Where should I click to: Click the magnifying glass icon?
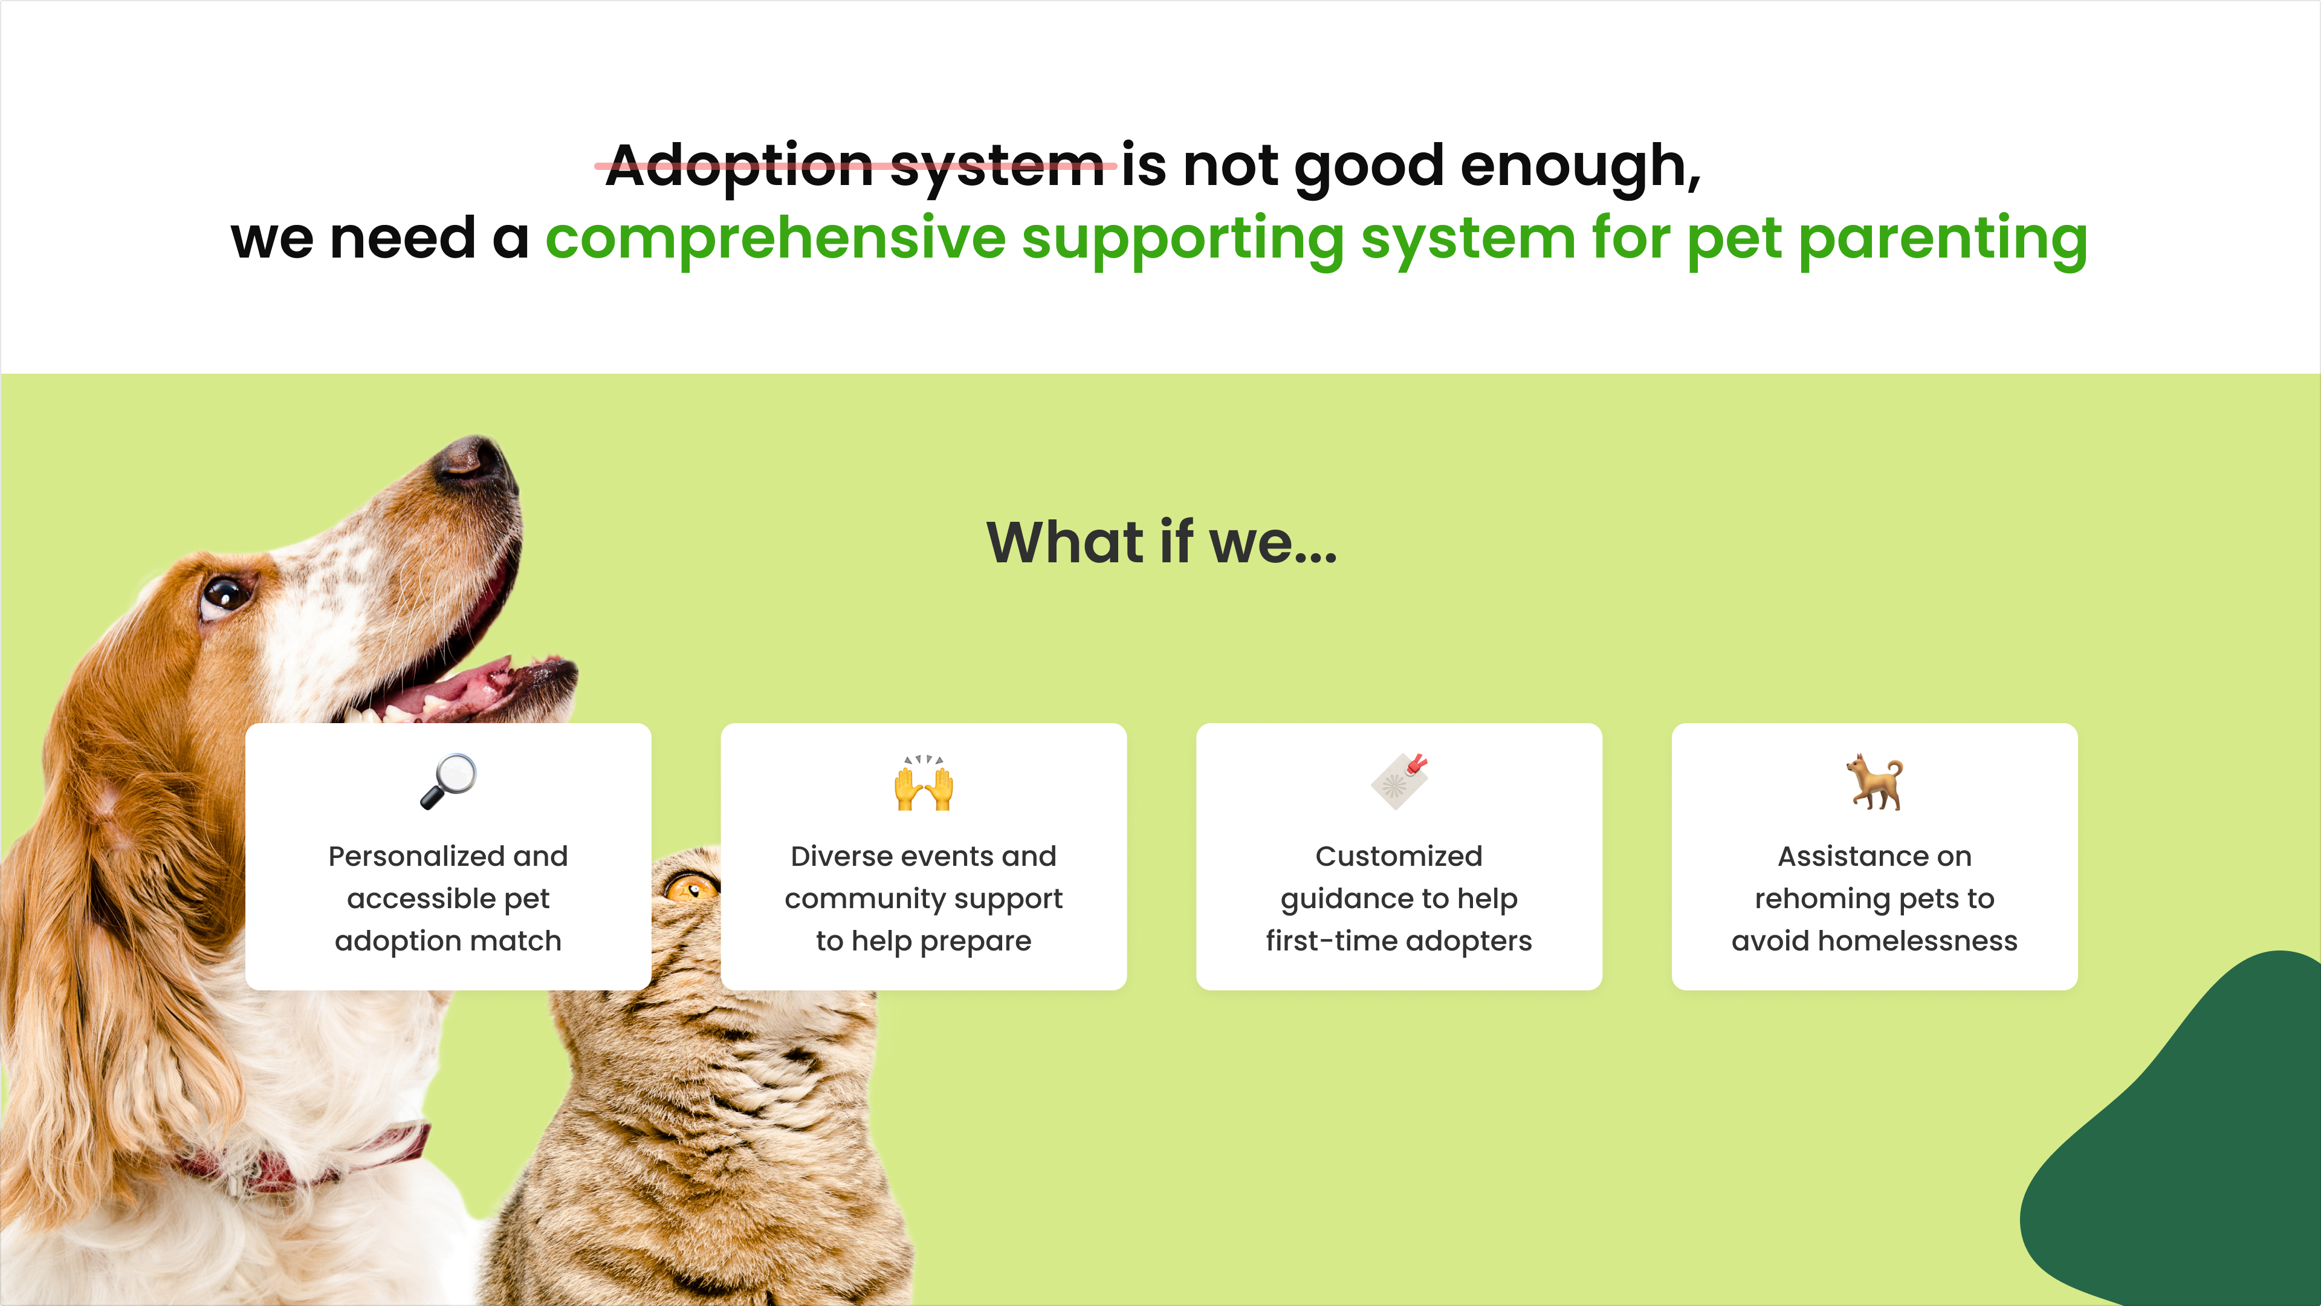pyautogui.click(x=448, y=781)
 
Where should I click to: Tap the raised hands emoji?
pyautogui.click(x=924, y=782)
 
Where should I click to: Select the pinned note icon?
pyautogui.click(x=1399, y=781)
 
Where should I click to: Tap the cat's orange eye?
pyautogui.click(x=691, y=889)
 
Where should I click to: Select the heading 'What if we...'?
pyautogui.click(x=1161, y=542)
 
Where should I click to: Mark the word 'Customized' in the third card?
pyautogui.click(x=1399, y=856)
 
